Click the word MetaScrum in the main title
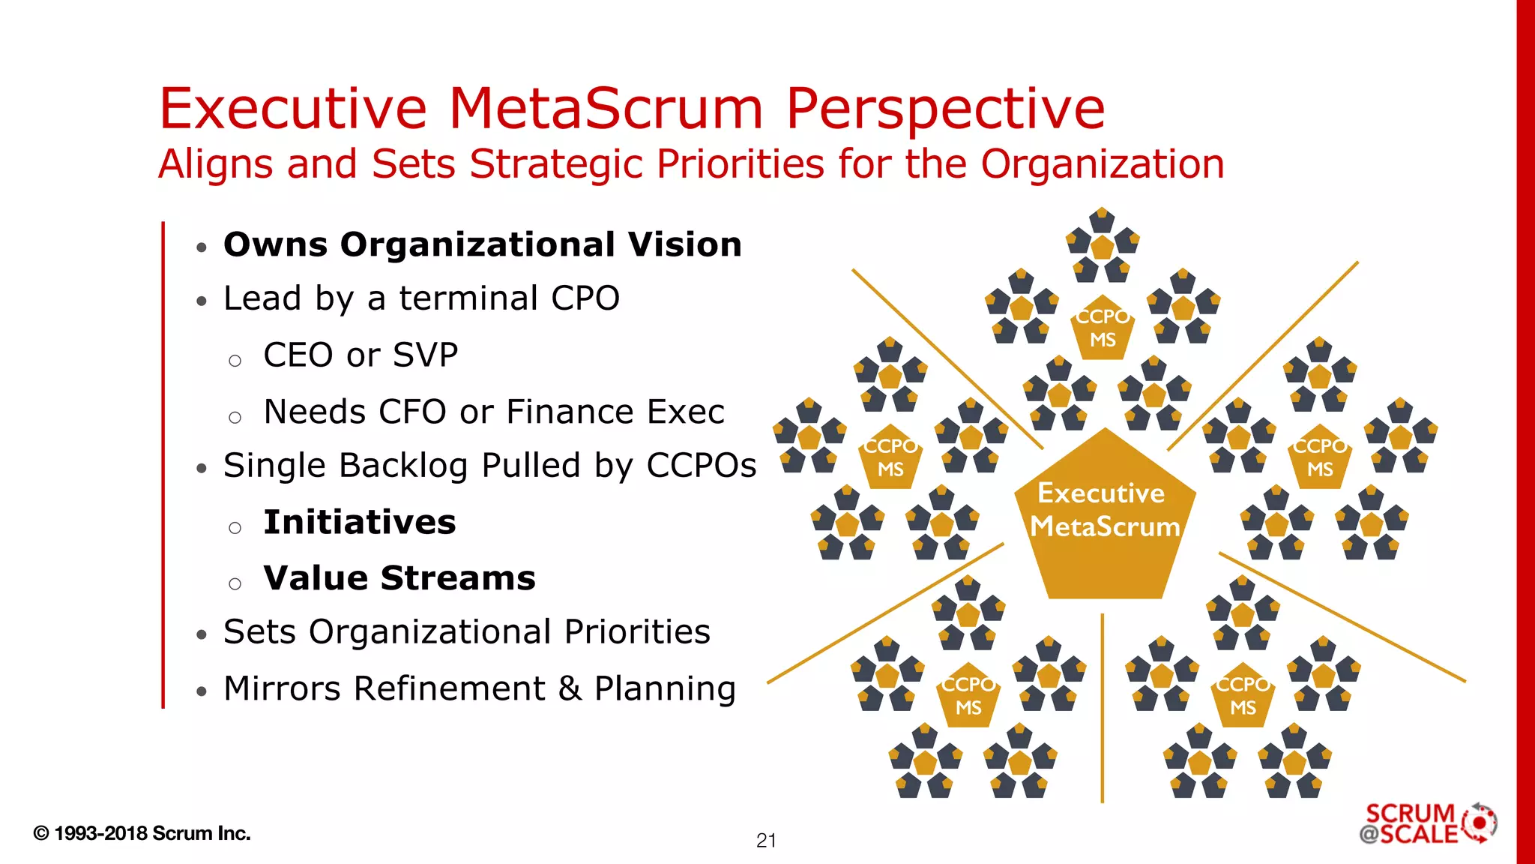pos(606,109)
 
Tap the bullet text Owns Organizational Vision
pos(483,245)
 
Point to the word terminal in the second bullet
pos(468,298)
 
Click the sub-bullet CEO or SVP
pos(361,355)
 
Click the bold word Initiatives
pos(360,523)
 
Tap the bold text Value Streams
pos(399,578)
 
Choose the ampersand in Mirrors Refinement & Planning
pos(570,688)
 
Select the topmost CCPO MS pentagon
pos(1103,328)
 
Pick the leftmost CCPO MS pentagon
pos(890,458)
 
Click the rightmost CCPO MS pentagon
pos(1320,458)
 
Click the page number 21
pos(766,841)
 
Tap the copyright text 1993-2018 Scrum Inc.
pos(142,833)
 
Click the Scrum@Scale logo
pos(1428,823)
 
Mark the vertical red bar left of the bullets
pos(163,465)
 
